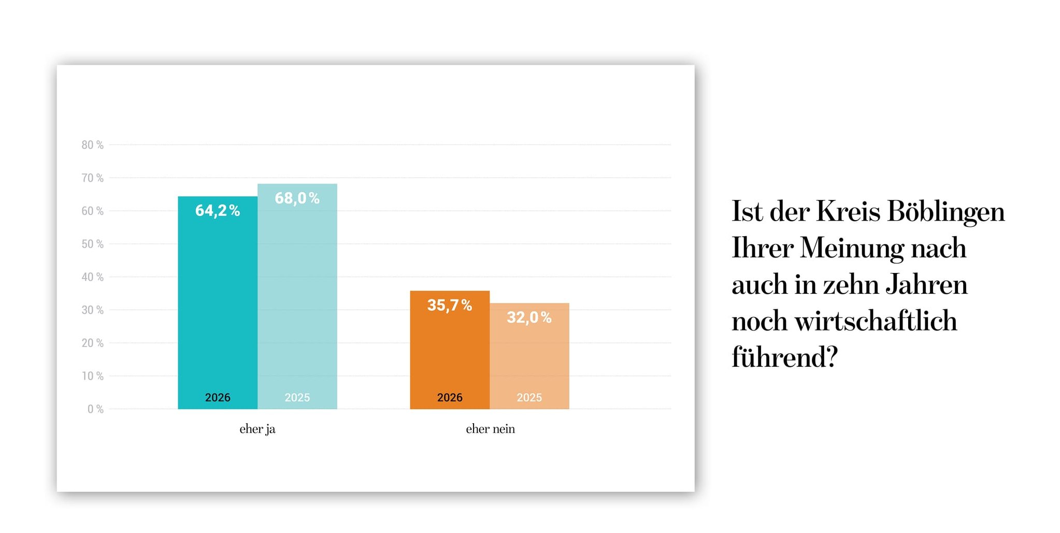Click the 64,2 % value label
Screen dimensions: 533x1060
tap(217, 211)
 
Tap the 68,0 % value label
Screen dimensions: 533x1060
tap(297, 198)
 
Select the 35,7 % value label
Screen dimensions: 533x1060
tap(449, 306)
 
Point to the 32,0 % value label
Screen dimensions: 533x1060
tap(529, 318)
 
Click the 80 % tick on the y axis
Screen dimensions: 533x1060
tap(92, 145)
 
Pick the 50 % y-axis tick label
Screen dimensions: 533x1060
tap(92, 244)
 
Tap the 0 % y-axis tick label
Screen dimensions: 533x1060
tap(95, 409)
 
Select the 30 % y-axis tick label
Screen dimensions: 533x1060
tap(92, 310)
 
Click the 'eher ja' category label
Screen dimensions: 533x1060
tap(257, 429)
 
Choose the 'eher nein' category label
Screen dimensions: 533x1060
tap(490, 429)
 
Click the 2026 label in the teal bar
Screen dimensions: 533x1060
tap(218, 397)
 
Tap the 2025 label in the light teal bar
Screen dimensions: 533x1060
tap(297, 397)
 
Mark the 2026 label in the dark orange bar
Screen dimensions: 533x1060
tap(450, 397)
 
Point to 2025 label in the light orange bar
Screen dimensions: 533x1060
tap(529, 397)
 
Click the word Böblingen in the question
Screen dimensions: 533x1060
tap(946, 212)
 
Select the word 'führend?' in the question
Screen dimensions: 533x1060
tap(784, 357)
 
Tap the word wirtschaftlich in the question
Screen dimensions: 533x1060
tap(876, 321)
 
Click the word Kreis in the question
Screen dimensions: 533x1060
tap(848, 212)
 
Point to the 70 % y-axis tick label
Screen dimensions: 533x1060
tap(92, 178)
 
